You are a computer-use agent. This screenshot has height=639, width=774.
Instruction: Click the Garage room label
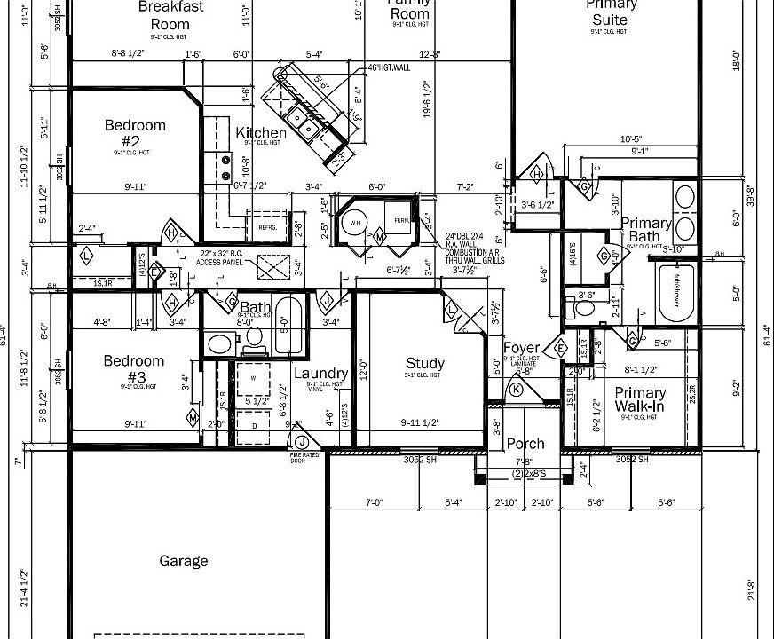184,561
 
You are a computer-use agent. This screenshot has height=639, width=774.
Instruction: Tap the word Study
425,363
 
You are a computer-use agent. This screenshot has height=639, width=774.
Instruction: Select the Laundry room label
320,374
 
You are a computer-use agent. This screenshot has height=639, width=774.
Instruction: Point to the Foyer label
522,347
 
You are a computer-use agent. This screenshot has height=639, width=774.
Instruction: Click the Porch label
525,444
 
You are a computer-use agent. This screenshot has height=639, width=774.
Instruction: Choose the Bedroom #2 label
135,132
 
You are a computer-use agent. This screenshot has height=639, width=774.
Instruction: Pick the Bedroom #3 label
134,367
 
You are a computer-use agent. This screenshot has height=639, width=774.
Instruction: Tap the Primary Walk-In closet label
640,399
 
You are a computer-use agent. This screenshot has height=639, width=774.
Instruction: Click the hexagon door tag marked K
517,389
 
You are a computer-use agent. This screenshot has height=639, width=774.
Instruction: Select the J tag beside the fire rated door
302,442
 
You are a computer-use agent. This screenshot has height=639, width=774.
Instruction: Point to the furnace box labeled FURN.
402,220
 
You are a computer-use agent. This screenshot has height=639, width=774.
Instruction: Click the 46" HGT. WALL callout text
389,67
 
